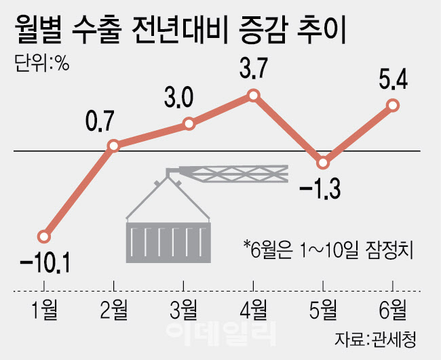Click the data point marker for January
click(44, 237)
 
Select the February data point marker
click(114, 145)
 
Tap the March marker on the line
click(190, 124)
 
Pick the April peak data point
click(254, 96)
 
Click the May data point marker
click(324, 163)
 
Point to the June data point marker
click(392, 105)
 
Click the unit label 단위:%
click(42, 66)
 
